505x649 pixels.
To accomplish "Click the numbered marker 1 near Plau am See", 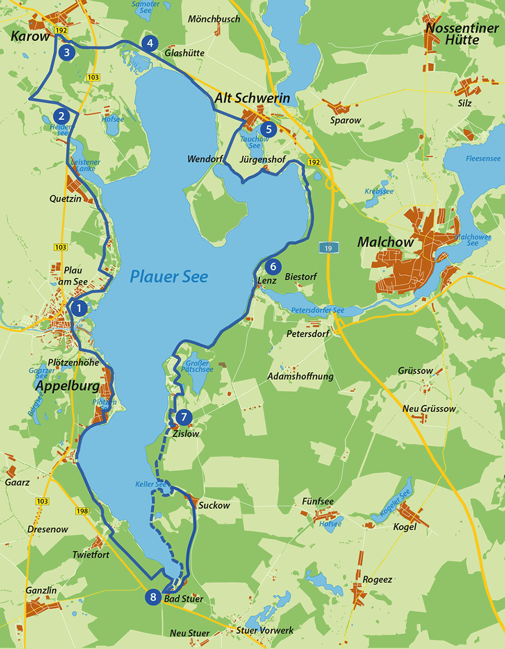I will pyautogui.click(x=79, y=308).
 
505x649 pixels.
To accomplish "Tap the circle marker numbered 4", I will pyautogui.click(x=149, y=43).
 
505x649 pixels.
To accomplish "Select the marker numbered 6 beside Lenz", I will pyautogui.click(x=273, y=266).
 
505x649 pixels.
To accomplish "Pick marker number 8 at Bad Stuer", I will pyautogui.click(x=153, y=597).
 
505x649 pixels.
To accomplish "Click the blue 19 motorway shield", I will pyautogui.click(x=328, y=248).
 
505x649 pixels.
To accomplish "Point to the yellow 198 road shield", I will pyautogui.click(x=82, y=511).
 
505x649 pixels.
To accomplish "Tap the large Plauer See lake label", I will pyautogui.click(x=169, y=276).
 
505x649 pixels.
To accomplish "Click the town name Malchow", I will pyautogui.click(x=385, y=242).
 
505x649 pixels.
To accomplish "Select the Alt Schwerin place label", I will pyautogui.click(x=252, y=98).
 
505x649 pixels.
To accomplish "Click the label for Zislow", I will pyautogui.click(x=186, y=434).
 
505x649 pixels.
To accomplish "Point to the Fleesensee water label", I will pyautogui.click(x=483, y=159).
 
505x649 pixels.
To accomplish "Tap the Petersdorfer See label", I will pyautogui.click(x=317, y=310).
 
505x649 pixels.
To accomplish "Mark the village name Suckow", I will pyautogui.click(x=214, y=505).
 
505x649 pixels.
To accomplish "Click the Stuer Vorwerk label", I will pyautogui.click(x=265, y=630).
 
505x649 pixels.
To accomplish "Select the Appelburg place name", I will pyautogui.click(x=68, y=386).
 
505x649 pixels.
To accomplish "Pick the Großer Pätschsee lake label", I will pyautogui.click(x=197, y=366).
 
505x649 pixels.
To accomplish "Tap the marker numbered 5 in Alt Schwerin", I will pyautogui.click(x=268, y=129).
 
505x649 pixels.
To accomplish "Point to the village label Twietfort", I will pyautogui.click(x=91, y=555).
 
